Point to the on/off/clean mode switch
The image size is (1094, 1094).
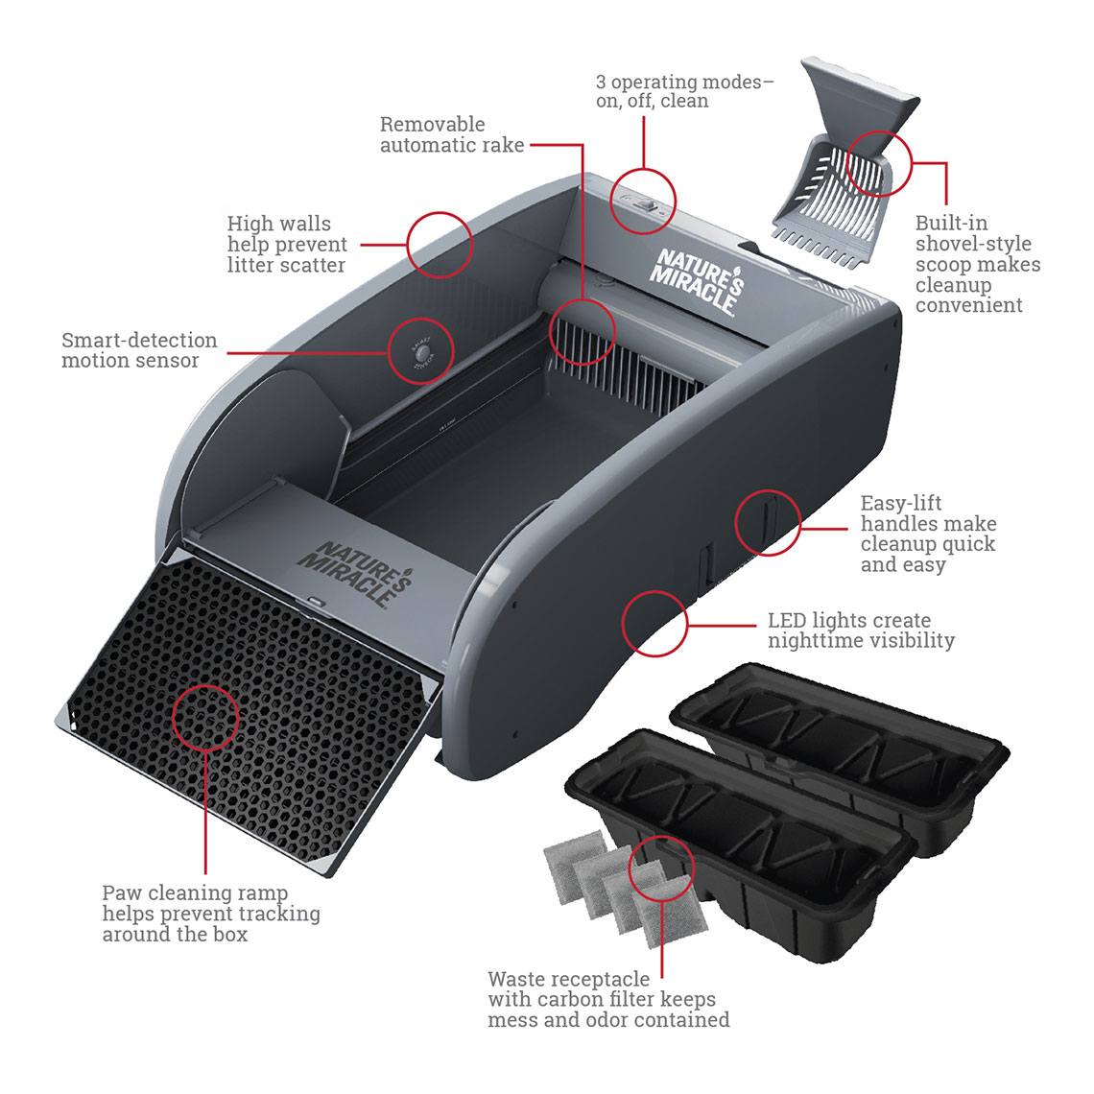click(x=644, y=203)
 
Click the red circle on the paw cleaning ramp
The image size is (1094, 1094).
click(x=205, y=717)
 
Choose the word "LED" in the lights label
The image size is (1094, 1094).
click(x=786, y=621)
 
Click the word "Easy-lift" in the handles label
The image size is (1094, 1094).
click(x=900, y=504)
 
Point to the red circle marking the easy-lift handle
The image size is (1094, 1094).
click(x=768, y=523)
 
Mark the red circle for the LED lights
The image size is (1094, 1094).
click(x=655, y=624)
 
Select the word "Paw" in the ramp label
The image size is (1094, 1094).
click(x=122, y=893)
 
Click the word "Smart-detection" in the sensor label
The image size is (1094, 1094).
click(x=139, y=341)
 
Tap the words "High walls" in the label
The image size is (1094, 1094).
click(x=278, y=225)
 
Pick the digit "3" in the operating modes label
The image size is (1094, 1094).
click(x=602, y=83)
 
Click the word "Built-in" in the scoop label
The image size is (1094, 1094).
click(x=950, y=224)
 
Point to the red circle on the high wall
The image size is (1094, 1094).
click(x=440, y=245)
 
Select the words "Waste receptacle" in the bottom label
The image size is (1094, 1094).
click(x=568, y=980)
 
